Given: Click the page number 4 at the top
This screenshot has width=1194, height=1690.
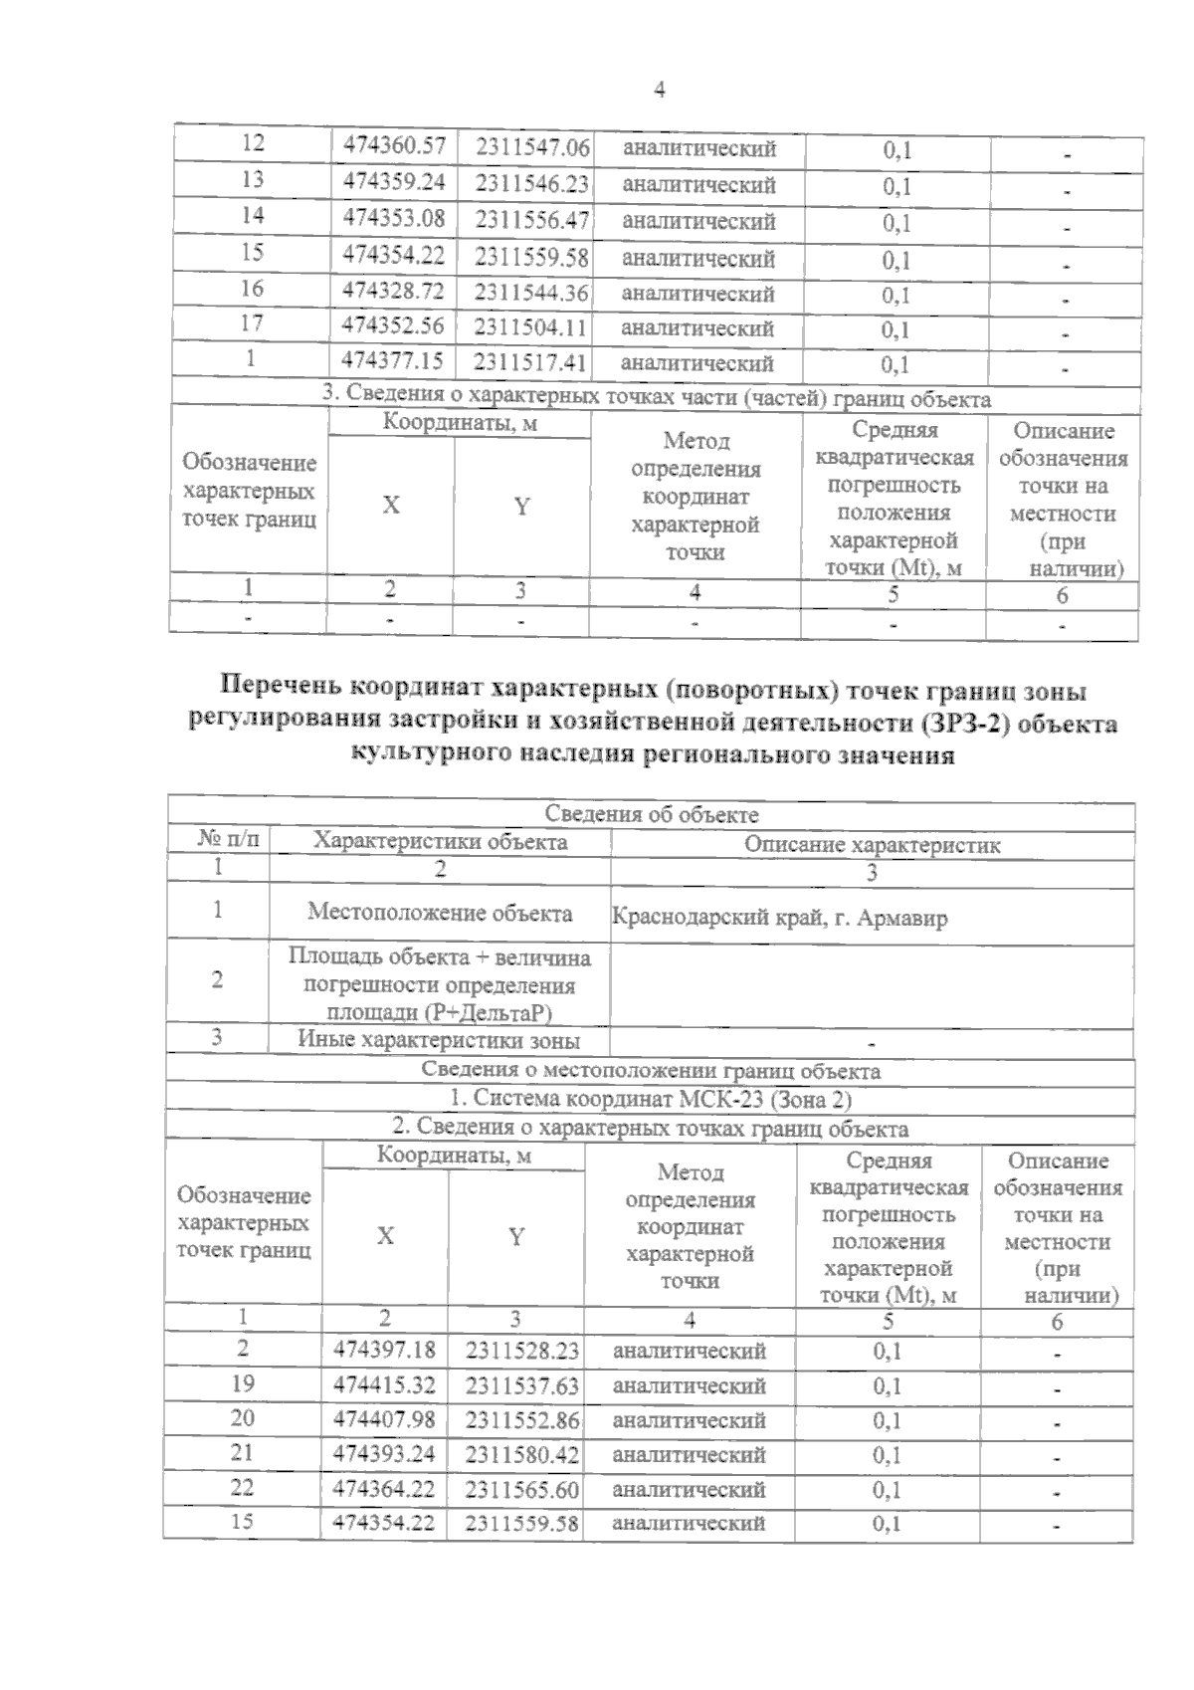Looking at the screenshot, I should click(659, 91).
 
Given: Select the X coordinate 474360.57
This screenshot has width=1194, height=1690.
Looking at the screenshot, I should click(394, 146).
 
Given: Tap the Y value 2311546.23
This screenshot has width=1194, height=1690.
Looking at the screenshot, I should click(531, 184).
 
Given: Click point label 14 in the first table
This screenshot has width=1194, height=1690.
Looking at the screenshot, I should click(253, 215).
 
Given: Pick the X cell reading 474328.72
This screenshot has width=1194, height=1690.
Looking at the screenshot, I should click(393, 292).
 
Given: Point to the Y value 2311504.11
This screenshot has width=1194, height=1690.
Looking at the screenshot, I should click(530, 327).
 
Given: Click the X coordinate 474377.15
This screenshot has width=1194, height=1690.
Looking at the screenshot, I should click(393, 360).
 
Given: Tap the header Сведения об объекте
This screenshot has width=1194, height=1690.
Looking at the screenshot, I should click(652, 815).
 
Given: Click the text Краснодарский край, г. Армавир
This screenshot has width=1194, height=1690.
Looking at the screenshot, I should click(779, 917).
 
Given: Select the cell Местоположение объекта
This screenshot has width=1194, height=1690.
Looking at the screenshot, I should click(440, 913).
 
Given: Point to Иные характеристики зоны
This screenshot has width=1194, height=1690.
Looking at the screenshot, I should click(439, 1041).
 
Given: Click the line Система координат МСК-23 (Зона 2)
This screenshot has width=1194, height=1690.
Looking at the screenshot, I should click(652, 1100).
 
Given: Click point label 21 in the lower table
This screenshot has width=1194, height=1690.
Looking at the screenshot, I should click(242, 1452).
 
